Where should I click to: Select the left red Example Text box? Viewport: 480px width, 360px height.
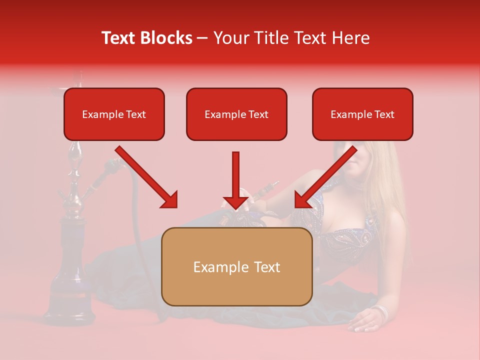tap(114, 114)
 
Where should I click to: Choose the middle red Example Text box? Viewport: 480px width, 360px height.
tap(236, 114)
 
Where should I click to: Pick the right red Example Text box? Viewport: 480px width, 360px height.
tap(362, 114)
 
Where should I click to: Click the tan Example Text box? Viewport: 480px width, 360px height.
tap(236, 266)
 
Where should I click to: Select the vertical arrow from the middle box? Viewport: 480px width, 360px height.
tap(235, 180)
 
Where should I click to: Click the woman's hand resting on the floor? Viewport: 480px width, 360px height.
tap(362, 322)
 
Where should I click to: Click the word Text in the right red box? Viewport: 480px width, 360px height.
tap(384, 114)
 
